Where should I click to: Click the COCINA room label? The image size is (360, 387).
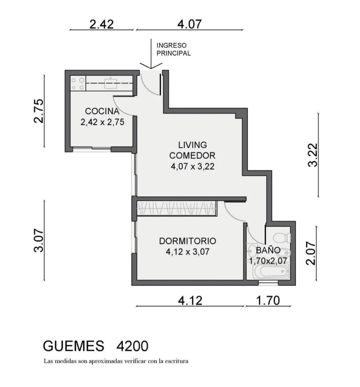102,111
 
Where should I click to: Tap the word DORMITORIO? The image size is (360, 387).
188,241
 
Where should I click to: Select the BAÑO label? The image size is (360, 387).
268,250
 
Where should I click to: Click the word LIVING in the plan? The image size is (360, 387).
193,145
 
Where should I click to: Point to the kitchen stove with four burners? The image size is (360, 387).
78,83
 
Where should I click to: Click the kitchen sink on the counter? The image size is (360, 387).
111,83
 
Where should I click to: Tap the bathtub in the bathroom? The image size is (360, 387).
271,272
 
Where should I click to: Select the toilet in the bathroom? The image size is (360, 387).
282,238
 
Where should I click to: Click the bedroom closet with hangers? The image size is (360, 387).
177,209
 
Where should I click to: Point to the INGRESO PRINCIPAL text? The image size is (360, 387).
174,49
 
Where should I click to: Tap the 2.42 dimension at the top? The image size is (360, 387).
102,24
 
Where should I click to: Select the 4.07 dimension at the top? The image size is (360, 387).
189,24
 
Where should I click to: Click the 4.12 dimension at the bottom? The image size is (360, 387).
190,301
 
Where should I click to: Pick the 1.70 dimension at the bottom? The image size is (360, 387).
268,301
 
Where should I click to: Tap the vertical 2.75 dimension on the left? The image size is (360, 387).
39,111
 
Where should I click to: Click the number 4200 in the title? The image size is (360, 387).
132,346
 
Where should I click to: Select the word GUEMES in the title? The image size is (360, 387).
73,346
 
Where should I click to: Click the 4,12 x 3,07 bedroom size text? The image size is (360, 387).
188,252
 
